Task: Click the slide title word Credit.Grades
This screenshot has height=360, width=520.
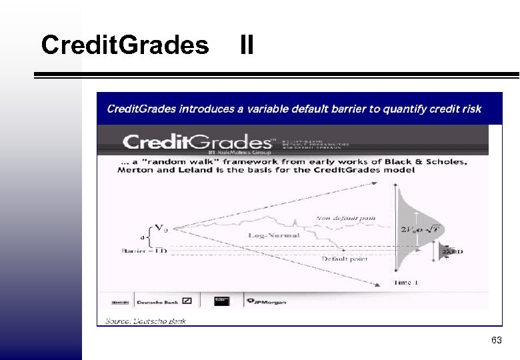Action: [125, 45]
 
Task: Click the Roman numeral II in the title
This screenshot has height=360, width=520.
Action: [246, 45]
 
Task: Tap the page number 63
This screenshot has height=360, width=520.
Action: [496, 341]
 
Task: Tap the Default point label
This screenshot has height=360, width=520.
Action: [344, 259]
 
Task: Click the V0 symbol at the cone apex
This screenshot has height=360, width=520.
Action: [161, 229]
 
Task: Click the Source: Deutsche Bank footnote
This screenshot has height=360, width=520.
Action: [146, 321]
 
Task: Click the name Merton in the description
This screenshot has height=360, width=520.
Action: [135, 170]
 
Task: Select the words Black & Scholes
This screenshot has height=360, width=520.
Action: [432, 161]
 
